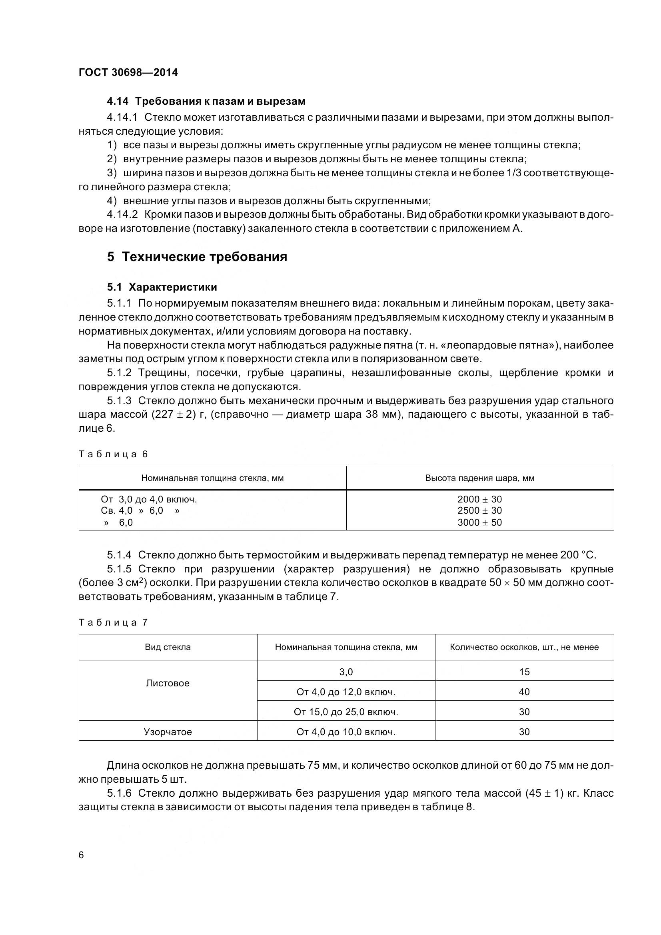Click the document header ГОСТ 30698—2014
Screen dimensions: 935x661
128,72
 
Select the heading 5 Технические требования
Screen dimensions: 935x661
197,257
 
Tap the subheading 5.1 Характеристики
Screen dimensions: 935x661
162,287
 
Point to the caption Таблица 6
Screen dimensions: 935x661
113,454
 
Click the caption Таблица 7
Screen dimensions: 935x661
113,622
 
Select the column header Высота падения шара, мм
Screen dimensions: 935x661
479,478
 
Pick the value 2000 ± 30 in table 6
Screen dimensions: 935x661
479,499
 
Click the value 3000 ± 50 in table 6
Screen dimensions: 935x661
479,522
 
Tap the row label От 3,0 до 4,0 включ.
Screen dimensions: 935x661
149,499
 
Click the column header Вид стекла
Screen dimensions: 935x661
168,647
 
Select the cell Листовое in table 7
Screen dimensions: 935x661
168,683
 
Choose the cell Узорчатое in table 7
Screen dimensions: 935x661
168,732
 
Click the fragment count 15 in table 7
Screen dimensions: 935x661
524,672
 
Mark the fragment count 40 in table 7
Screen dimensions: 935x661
524,692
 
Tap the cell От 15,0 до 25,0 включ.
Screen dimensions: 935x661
345,712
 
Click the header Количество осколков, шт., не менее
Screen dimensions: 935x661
524,647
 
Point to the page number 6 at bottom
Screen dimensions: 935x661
81,855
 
